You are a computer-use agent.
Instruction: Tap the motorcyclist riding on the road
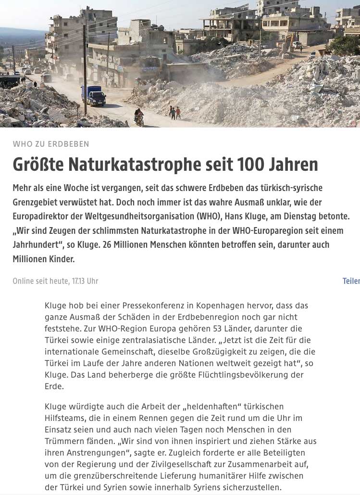pyautogui.click(x=139, y=117)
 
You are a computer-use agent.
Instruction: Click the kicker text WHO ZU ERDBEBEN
pyautogui.click(x=51, y=144)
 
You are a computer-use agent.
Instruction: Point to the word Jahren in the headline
pyautogui.click(x=294, y=165)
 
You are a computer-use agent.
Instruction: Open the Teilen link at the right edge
pyautogui.click(x=351, y=281)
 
